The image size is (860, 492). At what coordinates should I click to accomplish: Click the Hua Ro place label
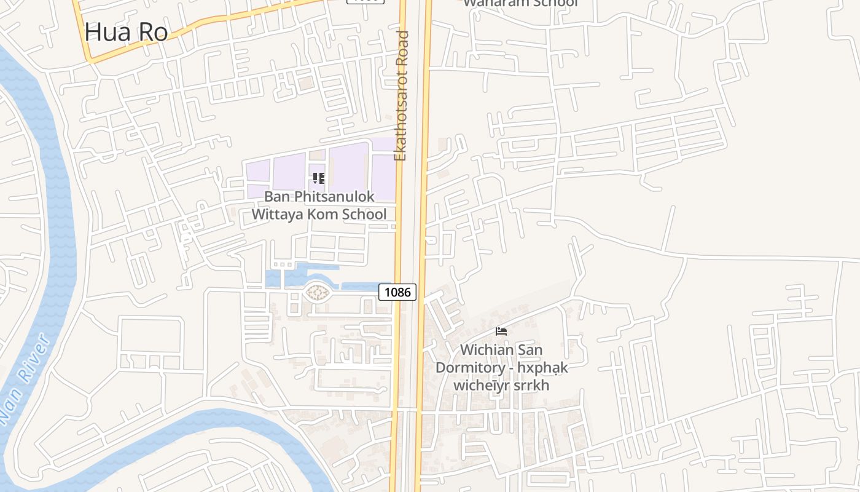pos(127,32)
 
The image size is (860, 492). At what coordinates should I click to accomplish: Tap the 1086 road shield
pos(397,292)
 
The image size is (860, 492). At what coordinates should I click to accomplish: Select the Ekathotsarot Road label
pos(402,95)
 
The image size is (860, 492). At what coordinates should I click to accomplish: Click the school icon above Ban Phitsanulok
pos(318,178)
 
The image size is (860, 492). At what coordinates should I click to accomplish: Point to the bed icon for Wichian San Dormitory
pos(501,331)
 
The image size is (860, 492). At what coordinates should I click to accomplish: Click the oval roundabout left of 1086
pos(317,293)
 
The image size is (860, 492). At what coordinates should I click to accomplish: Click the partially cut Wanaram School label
pos(520,3)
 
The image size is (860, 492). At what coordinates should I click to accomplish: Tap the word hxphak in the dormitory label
pos(542,368)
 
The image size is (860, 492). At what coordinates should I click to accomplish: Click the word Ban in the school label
pos(275,197)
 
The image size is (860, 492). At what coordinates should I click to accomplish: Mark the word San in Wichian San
pos(529,350)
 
